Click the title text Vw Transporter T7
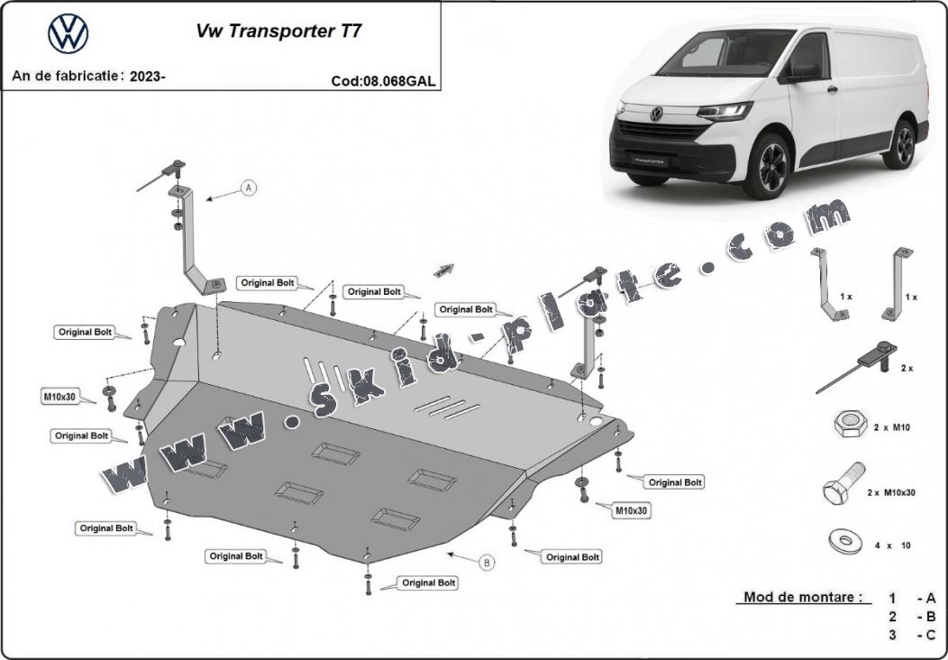tap(279, 30)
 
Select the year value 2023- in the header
tap(147, 77)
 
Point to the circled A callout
tap(249, 188)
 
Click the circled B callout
tap(487, 563)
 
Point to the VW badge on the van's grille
tap(656, 115)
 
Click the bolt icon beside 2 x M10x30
tap(843, 487)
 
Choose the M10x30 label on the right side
tap(632, 510)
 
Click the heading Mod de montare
tap(802, 597)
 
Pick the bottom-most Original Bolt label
tap(428, 583)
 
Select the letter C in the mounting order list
tap(930, 635)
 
